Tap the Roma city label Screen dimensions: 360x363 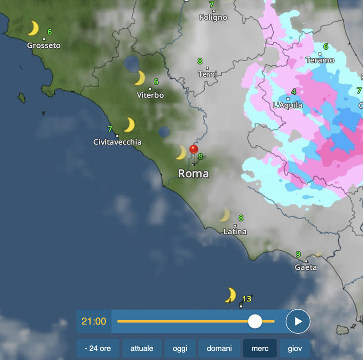(193, 174)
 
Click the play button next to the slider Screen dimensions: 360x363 (298, 322)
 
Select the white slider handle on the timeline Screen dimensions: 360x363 (255, 321)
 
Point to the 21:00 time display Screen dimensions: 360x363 (94, 322)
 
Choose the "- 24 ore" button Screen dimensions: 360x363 (98, 349)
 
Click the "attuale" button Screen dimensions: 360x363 (142, 349)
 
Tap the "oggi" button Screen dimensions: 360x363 (180, 349)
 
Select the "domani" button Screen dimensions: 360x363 (219, 349)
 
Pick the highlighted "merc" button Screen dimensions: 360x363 (260, 349)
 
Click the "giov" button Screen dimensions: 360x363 (295, 349)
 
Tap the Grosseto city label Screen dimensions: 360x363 (44, 46)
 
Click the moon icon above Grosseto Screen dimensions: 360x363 (33, 28)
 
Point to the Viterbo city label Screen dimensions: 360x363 (150, 95)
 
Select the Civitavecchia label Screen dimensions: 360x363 (117, 142)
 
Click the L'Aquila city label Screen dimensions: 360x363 (288, 105)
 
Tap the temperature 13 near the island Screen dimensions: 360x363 (247, 299)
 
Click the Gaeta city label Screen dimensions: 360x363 (306, 267)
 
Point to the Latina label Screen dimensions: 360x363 (235, 232)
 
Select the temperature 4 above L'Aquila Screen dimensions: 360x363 (294, 92)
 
